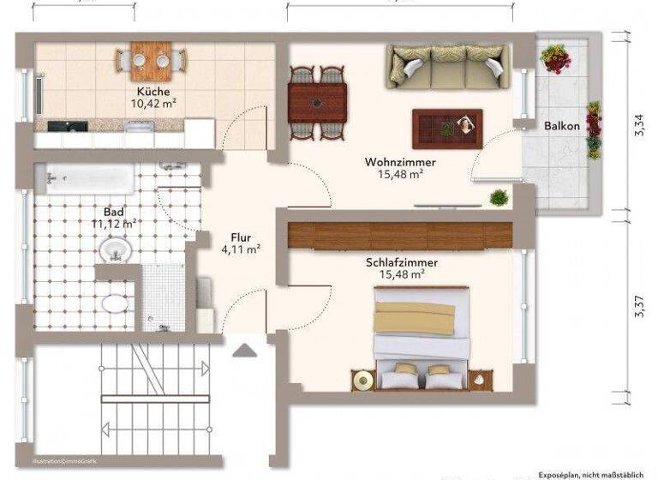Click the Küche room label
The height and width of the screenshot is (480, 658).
[x=153, y=92]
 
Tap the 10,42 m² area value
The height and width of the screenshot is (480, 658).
[x=153, y=104]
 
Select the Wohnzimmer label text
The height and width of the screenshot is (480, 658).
[x=400, y=162]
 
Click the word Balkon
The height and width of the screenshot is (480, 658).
[x=562, y=126]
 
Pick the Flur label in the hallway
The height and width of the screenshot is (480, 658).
[x=240, y=238]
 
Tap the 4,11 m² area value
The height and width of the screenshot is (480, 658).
[x=241, y=250]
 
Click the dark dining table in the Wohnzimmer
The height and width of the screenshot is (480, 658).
[x=317, y=102]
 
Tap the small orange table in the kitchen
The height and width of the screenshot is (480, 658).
[x=152, y=59]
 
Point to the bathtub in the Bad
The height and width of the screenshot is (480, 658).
[x=90, y=178]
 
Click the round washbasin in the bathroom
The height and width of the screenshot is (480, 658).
[x=114, y=250]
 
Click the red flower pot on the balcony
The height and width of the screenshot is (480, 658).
[x=556, y=57]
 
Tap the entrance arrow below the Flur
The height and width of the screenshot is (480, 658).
[x=245, y=349]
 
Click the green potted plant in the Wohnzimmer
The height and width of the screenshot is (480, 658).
[x=499, y=198]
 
